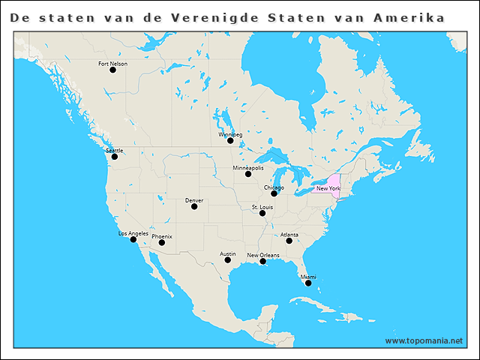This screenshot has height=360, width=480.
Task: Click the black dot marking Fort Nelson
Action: pos(112,70)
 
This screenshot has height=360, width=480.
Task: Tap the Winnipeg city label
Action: pos(230,134)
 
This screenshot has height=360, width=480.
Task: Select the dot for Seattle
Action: pos(115,156)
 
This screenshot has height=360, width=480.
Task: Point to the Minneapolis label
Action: pos(248,167)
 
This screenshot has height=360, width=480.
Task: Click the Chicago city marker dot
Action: pos(274,193)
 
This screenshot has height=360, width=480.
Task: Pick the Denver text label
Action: pos(194,200)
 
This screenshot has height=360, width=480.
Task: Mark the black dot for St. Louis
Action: pos(262,213)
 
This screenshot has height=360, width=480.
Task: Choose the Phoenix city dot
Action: pos(162,242)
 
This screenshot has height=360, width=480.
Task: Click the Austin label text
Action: pos(228,253)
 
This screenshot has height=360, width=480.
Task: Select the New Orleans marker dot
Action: pos(262,261)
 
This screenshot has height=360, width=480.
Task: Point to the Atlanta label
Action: pos(289,235)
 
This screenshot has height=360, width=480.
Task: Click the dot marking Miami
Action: pos(308,283)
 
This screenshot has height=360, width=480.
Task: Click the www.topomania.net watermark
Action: pos(424,340)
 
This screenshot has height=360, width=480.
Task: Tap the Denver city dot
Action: pos(194,206)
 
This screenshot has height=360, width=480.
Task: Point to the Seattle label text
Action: pos(115,150)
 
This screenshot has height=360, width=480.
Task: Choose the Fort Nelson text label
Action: pos(113,64)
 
